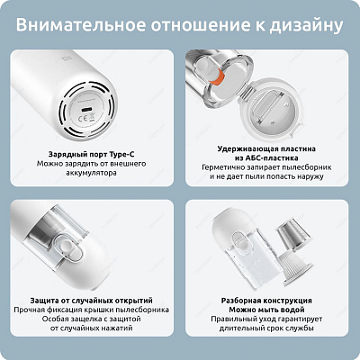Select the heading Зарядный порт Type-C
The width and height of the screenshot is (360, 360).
click(x=88, y=155)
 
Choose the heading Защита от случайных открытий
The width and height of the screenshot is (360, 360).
click(x=88, y=299)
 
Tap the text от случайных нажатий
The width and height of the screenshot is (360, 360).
click(x=88, y=333)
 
